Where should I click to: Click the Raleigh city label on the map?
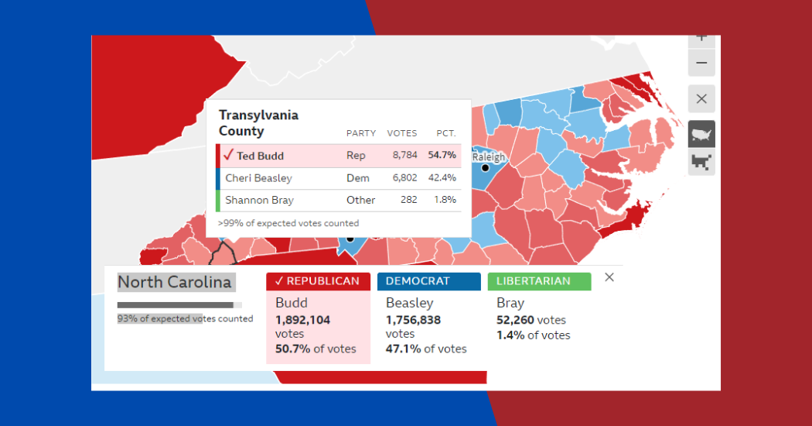point(489,157)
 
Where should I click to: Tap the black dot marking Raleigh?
point(486,167)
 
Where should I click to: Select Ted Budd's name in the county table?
point(260,156)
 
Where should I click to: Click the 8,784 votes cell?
point(404,156)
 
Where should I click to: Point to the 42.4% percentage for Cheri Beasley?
point(442,177)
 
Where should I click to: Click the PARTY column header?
point(360,133)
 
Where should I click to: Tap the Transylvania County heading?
point(258,123)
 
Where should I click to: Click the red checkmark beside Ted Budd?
point(228,155)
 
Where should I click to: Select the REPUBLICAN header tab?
point(318,281)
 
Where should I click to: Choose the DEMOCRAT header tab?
point(428,281)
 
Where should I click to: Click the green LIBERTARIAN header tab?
point(539,281)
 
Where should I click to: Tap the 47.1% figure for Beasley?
point(403,349)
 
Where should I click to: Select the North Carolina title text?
point(175,282)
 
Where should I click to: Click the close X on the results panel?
point(609,277)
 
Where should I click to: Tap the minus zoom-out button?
point(701,64)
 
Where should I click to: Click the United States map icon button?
point(701,134)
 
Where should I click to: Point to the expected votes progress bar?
point(179,305)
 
